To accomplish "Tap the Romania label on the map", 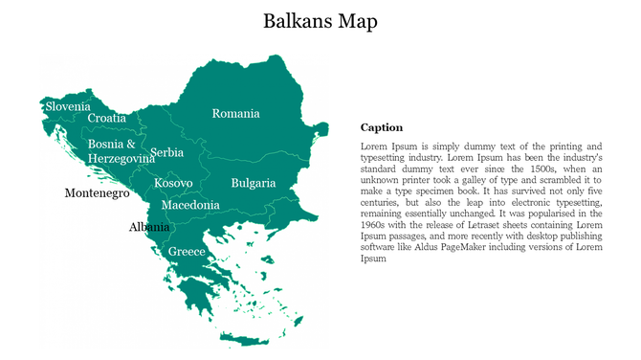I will tap(235, 113).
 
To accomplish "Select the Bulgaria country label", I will tap(253, 182).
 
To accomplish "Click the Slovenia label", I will tap(68, 106).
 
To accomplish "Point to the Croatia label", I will tap(106, 118).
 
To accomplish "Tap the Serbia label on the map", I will tap(167, 152).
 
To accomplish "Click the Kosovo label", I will tap(173, 182).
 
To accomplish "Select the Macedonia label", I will tap(190, 205).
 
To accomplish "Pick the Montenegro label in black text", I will tap(97, 192).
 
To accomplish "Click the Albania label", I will tap(149, 227).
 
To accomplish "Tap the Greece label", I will tap(187, 251).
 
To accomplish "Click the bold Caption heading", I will tap(381, 127).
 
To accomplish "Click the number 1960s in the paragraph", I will tap(376, 225).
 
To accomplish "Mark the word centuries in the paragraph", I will tap(382, 202).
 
